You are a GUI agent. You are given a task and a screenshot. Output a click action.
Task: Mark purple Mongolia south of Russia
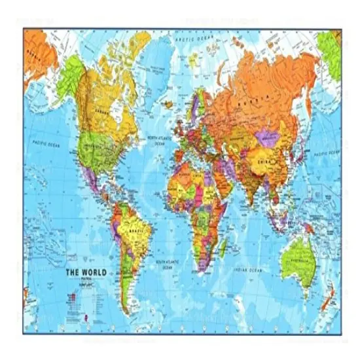tap(269, 138)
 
